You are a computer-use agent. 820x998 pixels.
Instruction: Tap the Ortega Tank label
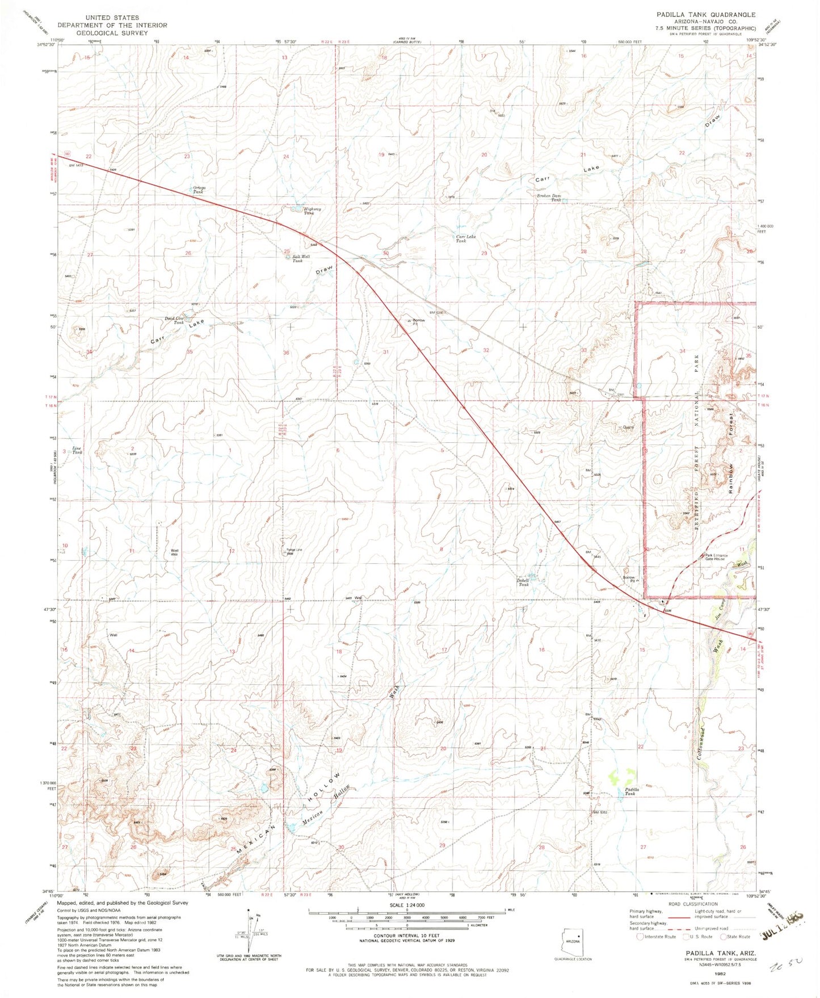click(x=199, y=190)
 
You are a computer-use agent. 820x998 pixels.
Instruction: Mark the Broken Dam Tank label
click(x=548, y=198)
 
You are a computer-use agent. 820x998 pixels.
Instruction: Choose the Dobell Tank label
click(x=523, y=582)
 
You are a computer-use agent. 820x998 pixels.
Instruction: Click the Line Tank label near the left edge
click(x=77, y=450)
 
